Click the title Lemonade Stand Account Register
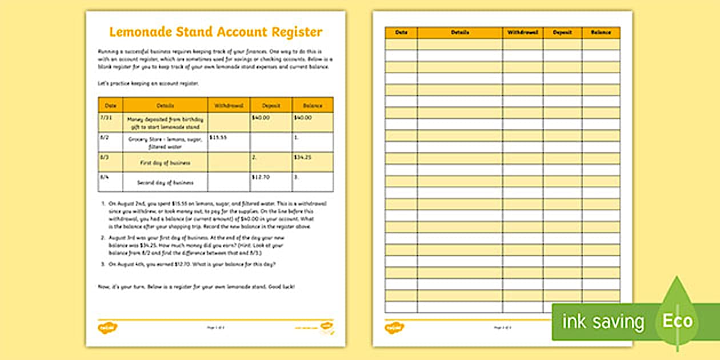click(x=215, y=33)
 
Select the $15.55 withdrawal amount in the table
click(x=218, y=137)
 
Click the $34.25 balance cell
click(x=302, y=157)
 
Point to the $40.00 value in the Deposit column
click(x=260, y=117)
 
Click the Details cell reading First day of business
click(x=165, y=163)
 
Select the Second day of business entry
click(x=165, y=183)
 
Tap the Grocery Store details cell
click(x=165, y=142)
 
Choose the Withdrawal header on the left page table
click(x=229, y=105)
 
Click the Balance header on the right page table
click(x=601, y=33)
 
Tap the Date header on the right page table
click(x=401, y=33)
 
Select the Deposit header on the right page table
click(x=562, y=33)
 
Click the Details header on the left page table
click(x=165, y=105)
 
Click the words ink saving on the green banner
click(x=603, y=322)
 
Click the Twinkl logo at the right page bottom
click(x=394, y=327)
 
